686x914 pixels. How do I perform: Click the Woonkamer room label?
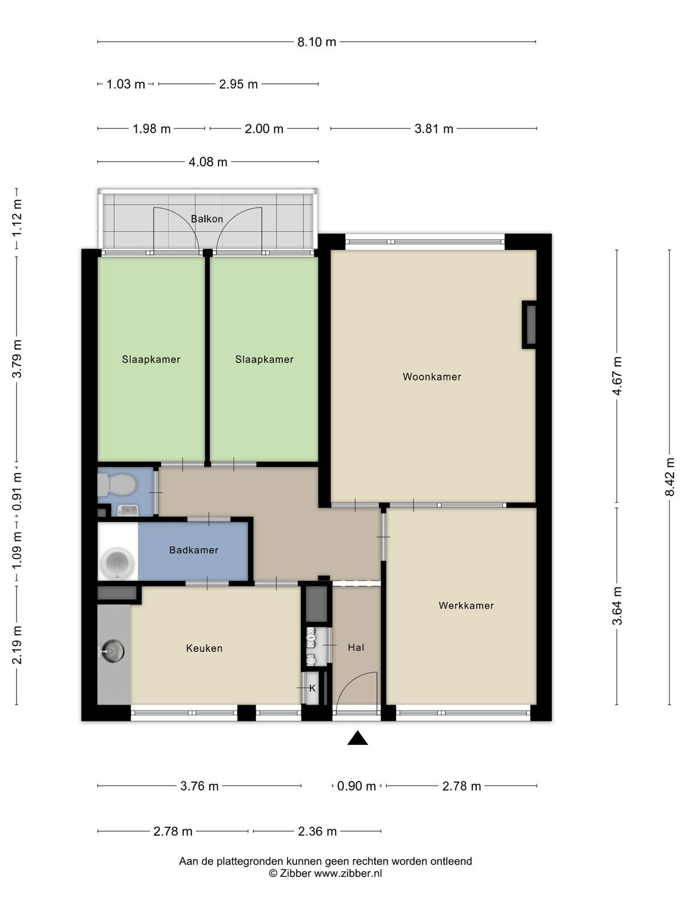click(432, 377)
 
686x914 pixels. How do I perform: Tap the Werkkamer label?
click(466, 606)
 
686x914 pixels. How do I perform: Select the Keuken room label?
click(204, 648)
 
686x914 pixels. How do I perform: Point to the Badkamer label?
click(194, 550)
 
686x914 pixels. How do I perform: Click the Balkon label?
click(206, 219)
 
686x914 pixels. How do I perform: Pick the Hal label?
click(356, 647)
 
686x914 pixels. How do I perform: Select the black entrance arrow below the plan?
click(357, 737)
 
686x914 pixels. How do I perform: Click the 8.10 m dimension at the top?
click(317, 42)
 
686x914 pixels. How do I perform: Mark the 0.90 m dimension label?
click(357, 786)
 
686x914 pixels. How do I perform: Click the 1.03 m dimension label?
click(126, 85)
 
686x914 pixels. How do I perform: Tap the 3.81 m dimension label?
click(433, 129)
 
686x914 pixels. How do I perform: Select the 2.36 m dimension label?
click(317, 832)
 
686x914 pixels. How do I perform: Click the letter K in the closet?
click(312, 688)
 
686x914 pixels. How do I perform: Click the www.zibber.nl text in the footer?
click(348, 873)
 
